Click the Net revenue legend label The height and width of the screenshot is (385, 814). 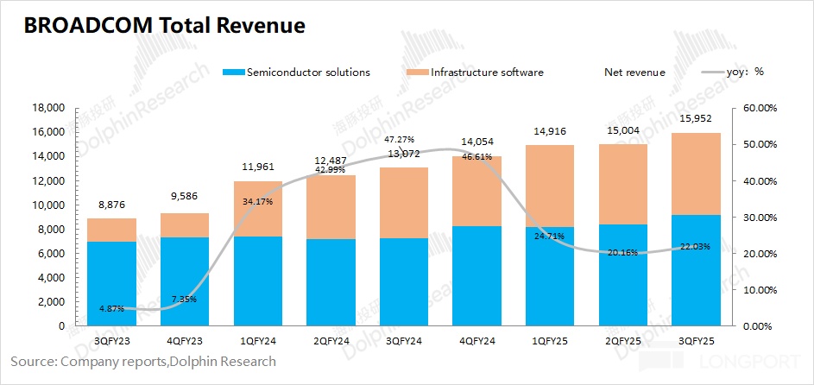coord(634,73)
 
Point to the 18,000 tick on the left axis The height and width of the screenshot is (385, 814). coord(48,108)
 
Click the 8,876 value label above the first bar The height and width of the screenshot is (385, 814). coord(111,204)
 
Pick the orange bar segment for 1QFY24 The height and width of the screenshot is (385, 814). coord(257,209)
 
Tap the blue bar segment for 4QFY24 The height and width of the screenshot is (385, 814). coord(477,276)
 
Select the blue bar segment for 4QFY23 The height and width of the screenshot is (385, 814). coord(185,281)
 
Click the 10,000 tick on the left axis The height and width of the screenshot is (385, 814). coord(48,205)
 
